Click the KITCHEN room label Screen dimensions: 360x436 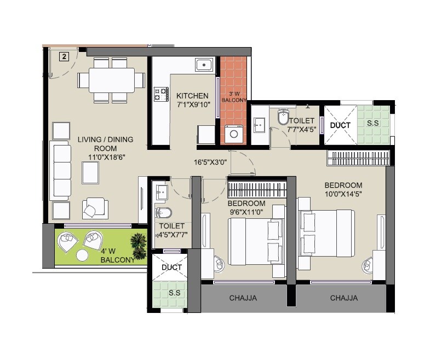192,96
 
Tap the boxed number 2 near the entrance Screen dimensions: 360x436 64,56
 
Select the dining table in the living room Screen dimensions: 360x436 111,80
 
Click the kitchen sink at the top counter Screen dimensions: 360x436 204,65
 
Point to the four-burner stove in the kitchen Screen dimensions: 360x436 161,94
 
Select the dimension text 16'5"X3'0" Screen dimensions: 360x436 210,162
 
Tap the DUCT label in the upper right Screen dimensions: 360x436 340,125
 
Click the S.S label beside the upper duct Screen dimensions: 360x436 372,124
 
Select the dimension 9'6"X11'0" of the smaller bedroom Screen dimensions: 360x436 246,212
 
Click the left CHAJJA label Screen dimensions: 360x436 243,298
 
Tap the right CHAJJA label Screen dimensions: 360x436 344,298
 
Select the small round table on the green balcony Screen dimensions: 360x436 82,255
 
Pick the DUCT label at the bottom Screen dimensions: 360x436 171,267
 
